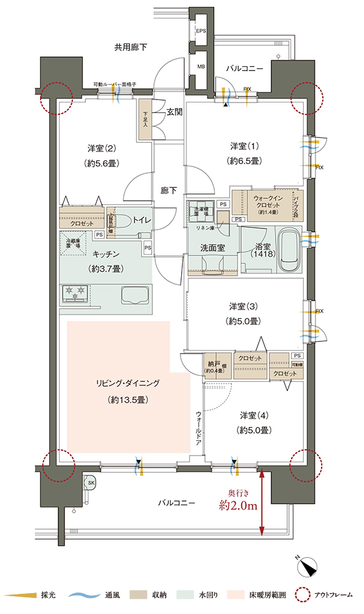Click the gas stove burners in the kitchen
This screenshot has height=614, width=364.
[x=76, y=293]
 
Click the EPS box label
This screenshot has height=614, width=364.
[x=201, y=31]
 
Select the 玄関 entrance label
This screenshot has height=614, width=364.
[x=175, y=112]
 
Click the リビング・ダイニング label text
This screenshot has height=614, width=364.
[x=123, y=383]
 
